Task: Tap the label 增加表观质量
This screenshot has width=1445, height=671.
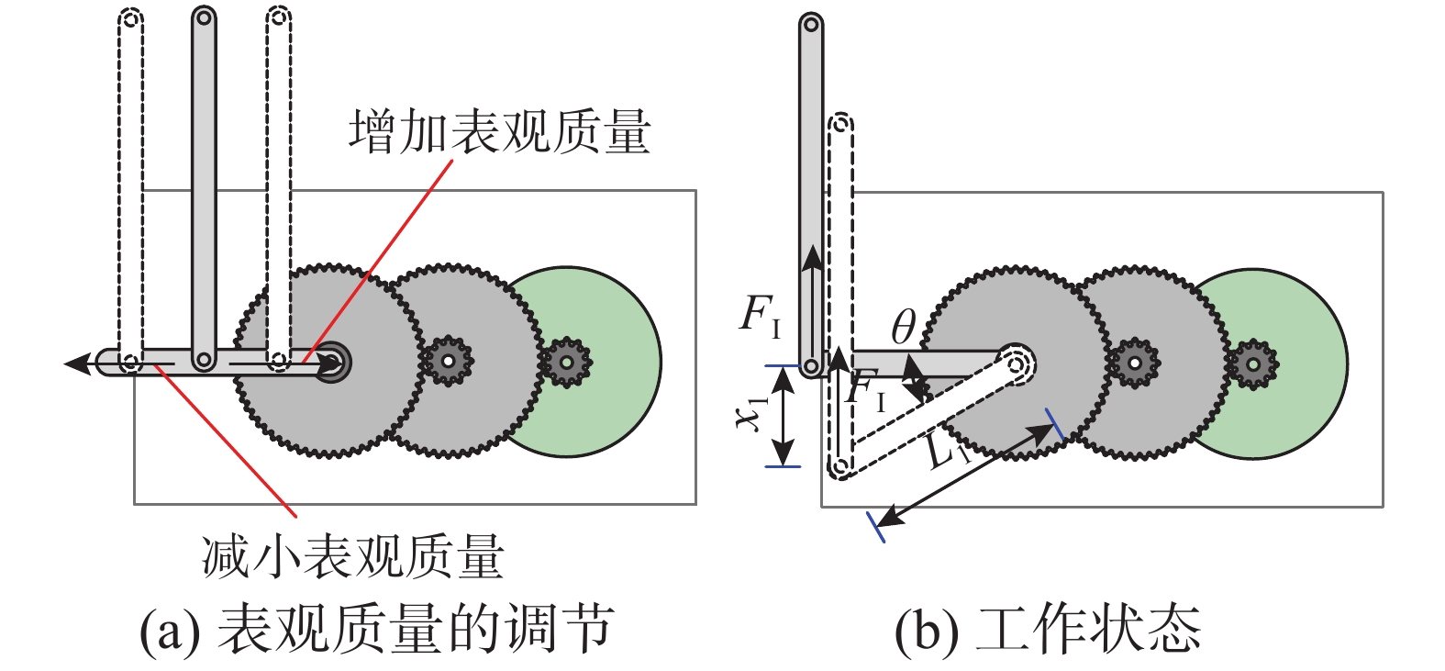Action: click(x=499, y=131)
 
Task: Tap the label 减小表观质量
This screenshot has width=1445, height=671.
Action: click(x=353, y=557)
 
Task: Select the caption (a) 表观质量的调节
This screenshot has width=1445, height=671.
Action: click(x=376, y=629)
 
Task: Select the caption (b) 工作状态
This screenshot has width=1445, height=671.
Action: click(x=1047, y=629)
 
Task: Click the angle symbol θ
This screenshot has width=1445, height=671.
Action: click(x=903, y=326)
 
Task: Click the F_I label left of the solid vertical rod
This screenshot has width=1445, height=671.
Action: click(x=761, y=315)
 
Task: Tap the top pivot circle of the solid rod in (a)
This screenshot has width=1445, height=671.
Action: click(x=204, y=17)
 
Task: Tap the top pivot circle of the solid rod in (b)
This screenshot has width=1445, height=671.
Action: click(x=810, y=24)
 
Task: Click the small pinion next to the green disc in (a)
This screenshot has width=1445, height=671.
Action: click(x=566, y=362)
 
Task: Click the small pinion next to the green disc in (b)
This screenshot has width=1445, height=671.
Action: click(x=1252, y=363)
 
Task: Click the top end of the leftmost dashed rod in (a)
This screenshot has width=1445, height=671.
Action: click(x=131, y=17)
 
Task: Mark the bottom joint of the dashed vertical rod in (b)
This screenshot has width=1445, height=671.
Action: click(x=839, y=466)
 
